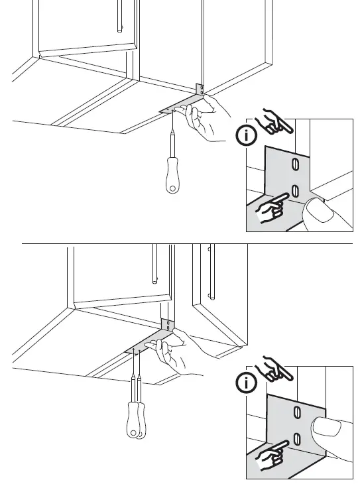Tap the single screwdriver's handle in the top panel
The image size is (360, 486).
(172, 175)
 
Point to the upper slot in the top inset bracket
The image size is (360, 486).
(295, 164)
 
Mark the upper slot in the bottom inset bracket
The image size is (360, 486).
(296, 412)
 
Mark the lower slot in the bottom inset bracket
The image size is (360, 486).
(297, 438)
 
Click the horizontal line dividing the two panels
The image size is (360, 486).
(186, 243)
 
